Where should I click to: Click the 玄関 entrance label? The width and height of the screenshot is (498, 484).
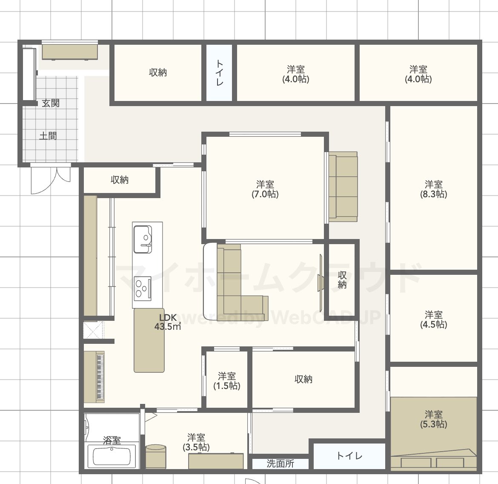[x=51, y=103]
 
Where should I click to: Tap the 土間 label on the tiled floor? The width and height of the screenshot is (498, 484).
[x=48, y=136]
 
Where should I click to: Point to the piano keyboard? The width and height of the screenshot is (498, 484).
[x=100, y=377]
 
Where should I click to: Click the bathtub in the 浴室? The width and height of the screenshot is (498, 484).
[x=112, y=456]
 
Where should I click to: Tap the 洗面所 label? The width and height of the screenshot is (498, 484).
[x=280, y=463]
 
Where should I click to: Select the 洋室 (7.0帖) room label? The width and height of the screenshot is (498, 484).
[x=265, y=189]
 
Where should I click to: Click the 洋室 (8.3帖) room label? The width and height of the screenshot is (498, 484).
[x=434, y=189]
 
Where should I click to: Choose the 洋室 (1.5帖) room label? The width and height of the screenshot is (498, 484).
[x=226, y=381]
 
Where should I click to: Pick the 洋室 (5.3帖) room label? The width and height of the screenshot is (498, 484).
[x=434, y=419]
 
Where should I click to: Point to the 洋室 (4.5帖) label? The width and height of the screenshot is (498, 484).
[x=434, y=320]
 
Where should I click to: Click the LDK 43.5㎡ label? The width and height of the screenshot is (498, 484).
[x=168, y=322]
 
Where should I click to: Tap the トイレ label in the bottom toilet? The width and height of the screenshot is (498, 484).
[x=349, y=456]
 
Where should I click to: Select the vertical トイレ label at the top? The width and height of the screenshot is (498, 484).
[x=220, y=72]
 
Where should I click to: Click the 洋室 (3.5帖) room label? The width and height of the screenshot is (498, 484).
[x=196, y=442]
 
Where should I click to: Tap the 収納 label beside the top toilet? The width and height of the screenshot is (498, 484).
[x=158, y=72]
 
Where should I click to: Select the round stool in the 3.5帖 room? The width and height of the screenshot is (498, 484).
[x=156, y=456]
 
